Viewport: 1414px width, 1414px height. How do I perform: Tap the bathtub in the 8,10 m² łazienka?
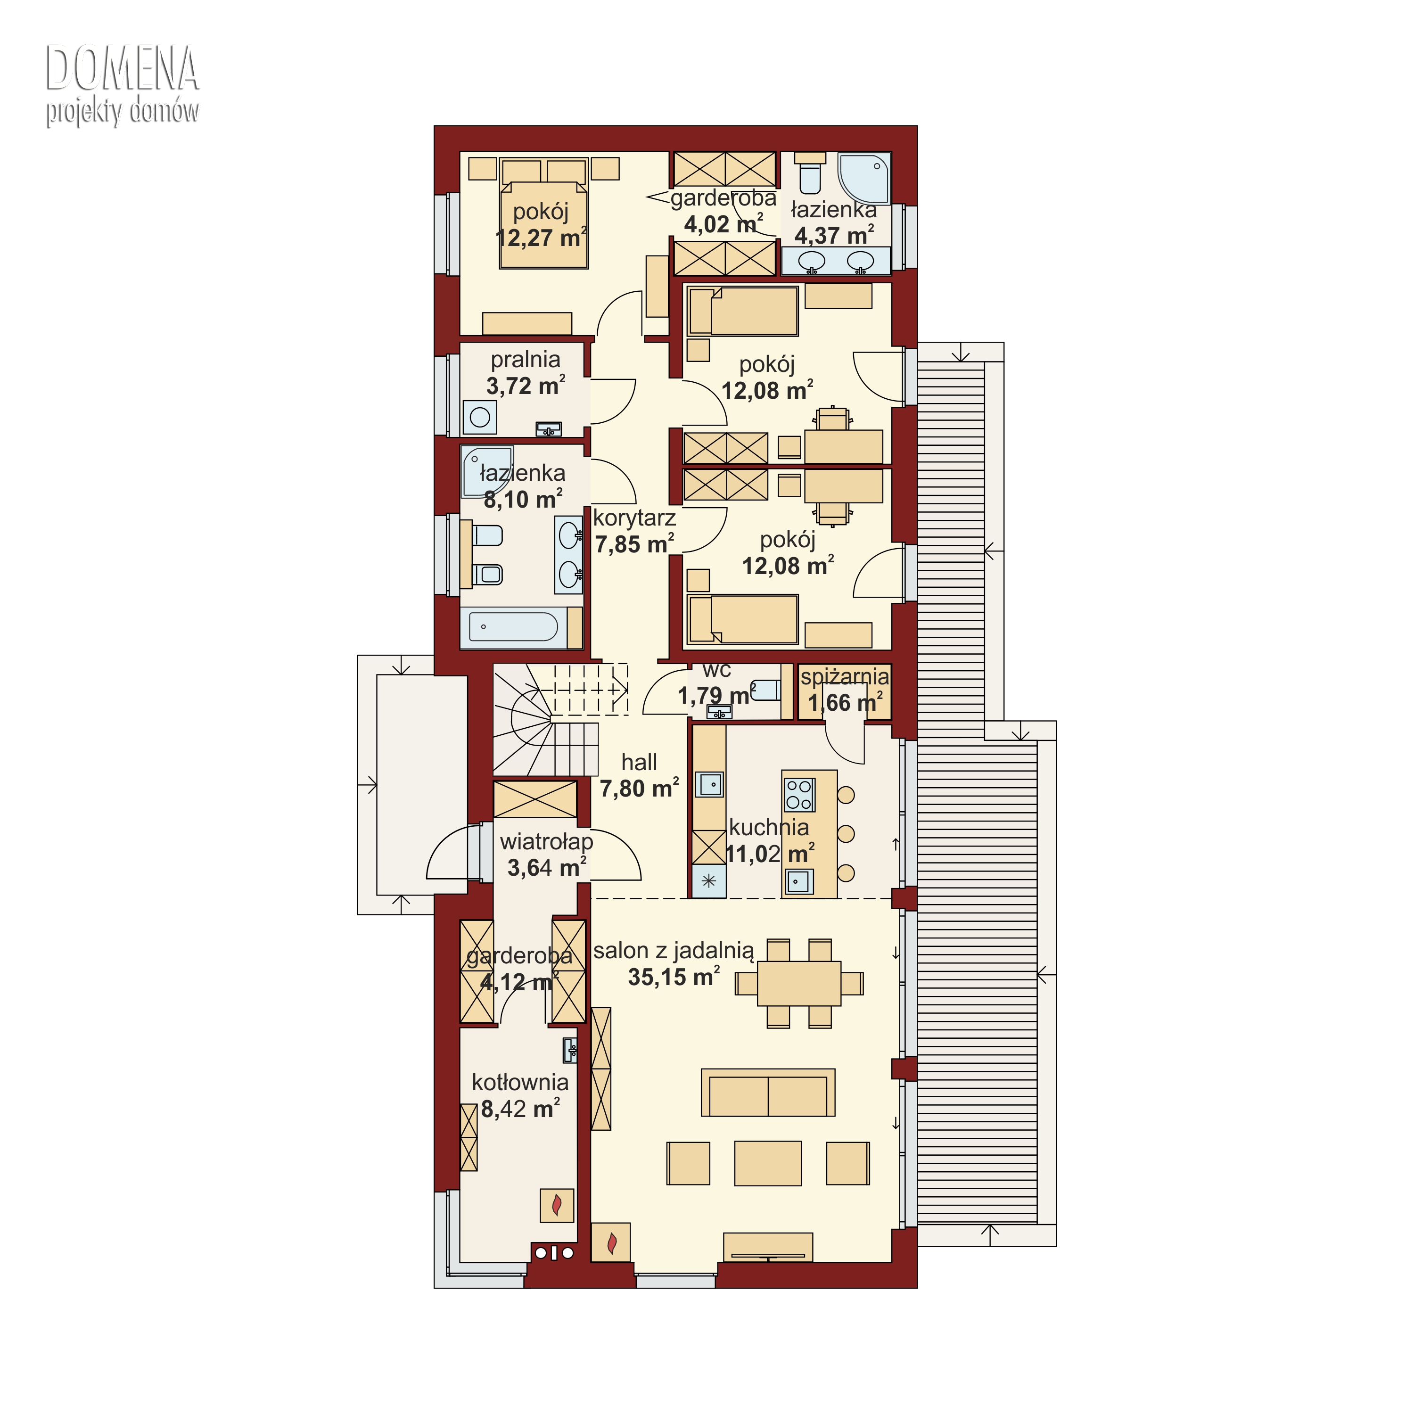tap(514, 627)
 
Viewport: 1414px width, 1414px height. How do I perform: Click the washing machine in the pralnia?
tap(480, 417)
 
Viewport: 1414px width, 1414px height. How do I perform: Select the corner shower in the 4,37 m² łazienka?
tap(863, 178)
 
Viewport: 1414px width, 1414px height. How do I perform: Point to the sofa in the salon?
tap(768, 1093)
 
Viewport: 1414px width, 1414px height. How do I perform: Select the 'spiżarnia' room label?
tap(845, 677)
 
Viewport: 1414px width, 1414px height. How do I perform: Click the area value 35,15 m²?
tap(674, 977)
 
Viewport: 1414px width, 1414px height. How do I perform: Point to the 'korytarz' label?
tap(634, 518)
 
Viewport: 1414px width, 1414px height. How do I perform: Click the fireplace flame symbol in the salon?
tap(612, 1242)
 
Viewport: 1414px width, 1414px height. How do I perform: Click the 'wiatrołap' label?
tap(546, 842)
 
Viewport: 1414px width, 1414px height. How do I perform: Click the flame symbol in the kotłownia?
tap(557, 1204)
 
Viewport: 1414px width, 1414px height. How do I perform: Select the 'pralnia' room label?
tap(526, 359)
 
